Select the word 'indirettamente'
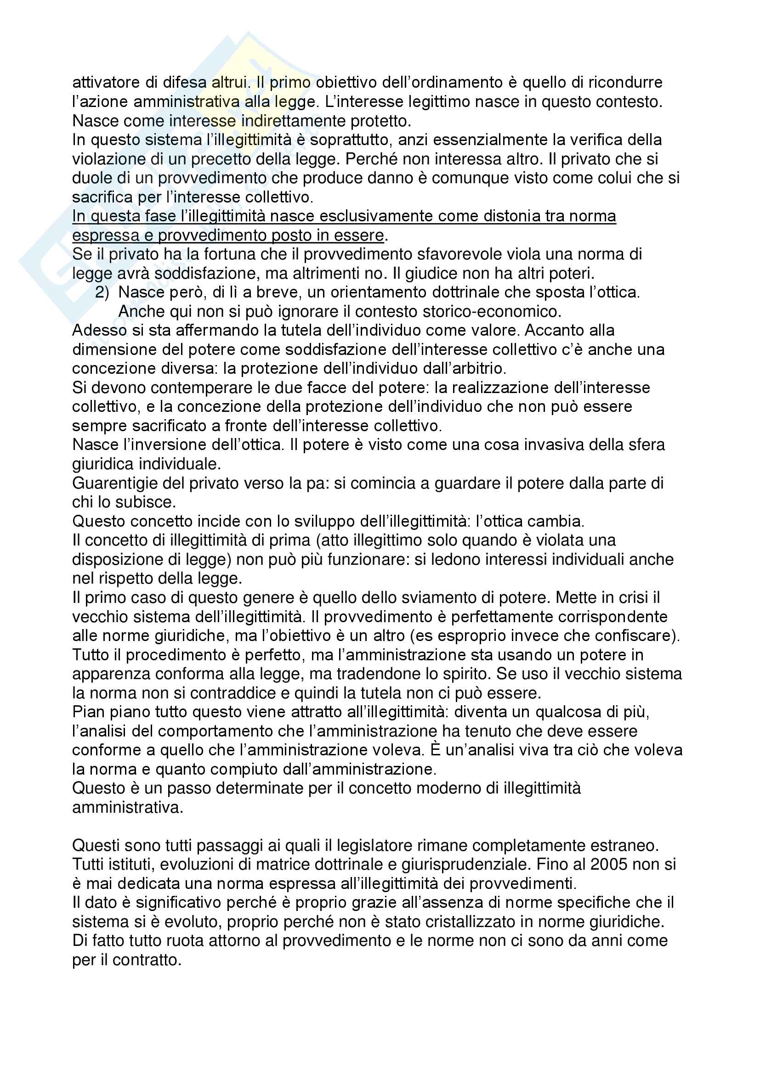point(294,121)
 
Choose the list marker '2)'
point(102,292)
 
